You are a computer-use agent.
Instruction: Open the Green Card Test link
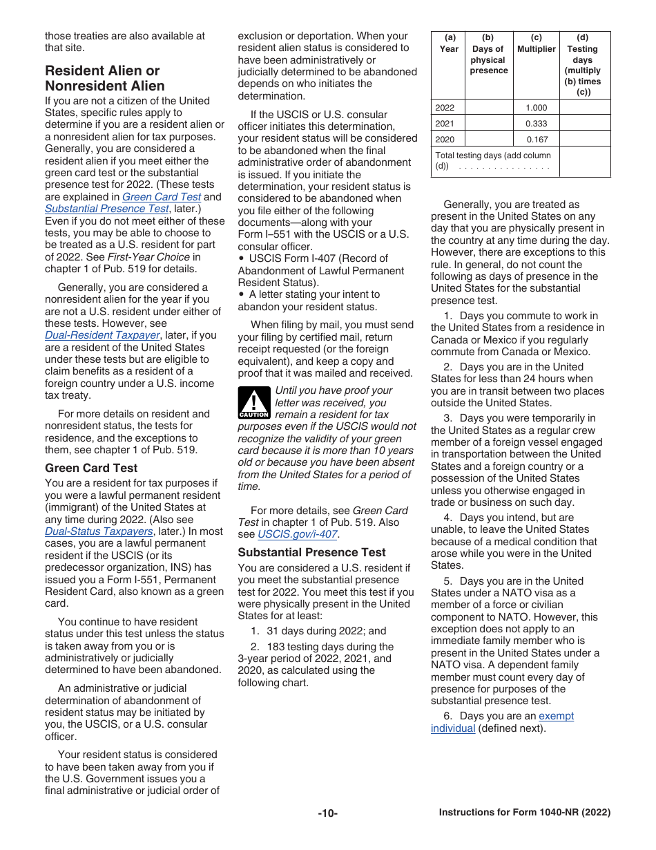[162, 196]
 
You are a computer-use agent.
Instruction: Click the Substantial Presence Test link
[106, 209]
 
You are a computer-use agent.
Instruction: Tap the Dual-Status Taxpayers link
[99, 531]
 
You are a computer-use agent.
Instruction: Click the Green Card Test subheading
[91, 468]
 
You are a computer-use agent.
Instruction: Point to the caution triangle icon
[253, 403]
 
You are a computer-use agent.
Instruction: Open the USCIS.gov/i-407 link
[297, 534]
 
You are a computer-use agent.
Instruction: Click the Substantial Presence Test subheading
[311, 552]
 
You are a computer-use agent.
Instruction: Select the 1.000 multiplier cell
[536, 108]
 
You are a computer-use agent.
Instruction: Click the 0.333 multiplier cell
[536, 124]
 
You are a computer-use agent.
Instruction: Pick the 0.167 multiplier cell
[536, 139]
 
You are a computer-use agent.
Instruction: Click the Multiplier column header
[536, 50]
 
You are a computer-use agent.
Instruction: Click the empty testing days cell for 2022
[584, 108]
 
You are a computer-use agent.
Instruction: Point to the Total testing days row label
[493, 161]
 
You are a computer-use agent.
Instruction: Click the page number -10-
[327, 813]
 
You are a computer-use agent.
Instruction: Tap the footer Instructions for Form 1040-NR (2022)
[524, 813]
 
